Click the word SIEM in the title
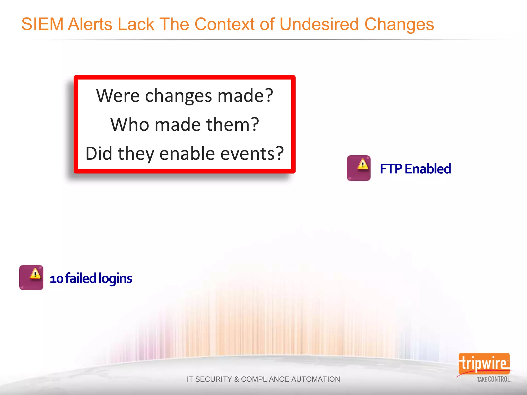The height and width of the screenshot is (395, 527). [42, 24]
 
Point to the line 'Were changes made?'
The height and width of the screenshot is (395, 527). [185, 96]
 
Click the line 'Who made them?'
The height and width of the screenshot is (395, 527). [185, 124]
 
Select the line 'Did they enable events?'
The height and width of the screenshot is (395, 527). [185, 154]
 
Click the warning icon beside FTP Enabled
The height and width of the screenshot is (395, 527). [358, 168]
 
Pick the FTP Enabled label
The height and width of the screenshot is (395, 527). [415, 169]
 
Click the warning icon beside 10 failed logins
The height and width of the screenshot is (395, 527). [31, 277]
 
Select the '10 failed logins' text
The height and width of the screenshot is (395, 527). [91, 279]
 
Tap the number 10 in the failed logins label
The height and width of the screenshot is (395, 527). [56, 279]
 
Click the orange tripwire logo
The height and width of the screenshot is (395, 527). [484, 364]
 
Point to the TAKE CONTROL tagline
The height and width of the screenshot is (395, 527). [494, 379]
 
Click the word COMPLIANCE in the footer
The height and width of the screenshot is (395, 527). [265, 379]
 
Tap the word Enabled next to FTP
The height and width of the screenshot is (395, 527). [428, 169]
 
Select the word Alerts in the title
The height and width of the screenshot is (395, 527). [90, 24]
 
